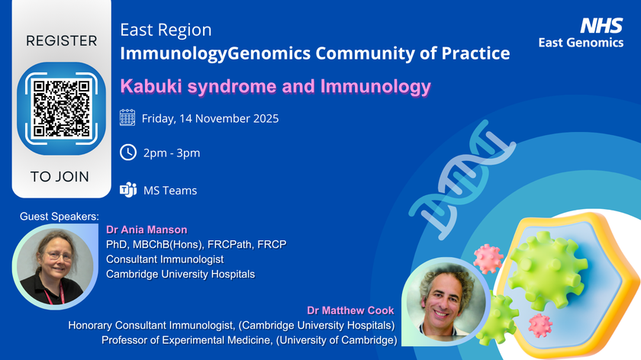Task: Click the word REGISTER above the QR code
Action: (62, 41)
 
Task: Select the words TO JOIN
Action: (60, 177)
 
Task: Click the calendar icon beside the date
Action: (127, 118)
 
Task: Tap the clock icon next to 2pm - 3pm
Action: (127, 153)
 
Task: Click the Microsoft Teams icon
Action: (127, 190)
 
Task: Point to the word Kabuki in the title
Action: (147, 86)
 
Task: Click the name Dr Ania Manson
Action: (147, 230)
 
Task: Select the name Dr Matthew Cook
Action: (352, 310)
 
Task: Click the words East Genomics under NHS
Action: (581, 43)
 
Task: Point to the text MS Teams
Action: (170, 190)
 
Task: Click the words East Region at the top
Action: (166, 31)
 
